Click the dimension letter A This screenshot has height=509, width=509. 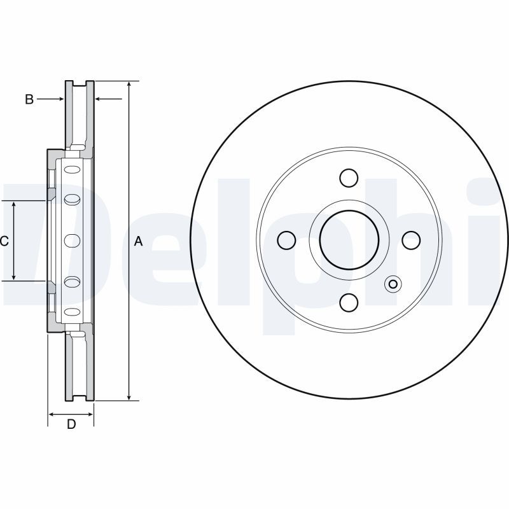click(138, 241)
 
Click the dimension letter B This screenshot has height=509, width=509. click(29, 99)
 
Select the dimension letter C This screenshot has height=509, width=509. click(4, 241)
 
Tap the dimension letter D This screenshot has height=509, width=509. click(71, 424)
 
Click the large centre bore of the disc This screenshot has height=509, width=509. click(349, 240)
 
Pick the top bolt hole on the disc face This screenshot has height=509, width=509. click(349, 178)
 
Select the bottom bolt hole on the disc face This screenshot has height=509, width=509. click(349, 302)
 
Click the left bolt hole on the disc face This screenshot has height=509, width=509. click(287, 241)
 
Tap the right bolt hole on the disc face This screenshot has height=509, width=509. click(411, 241)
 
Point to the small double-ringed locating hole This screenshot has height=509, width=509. click(393, 284)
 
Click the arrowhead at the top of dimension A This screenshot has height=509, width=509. click(129, 85)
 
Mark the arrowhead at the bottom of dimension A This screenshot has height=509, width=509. click(129, 396)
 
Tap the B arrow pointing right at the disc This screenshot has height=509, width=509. click(50, 99)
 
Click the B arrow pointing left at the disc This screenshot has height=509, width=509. click(108, 99)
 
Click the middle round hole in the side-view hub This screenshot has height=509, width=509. click(72, 241)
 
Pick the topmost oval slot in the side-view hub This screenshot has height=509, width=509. click(72, 169)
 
